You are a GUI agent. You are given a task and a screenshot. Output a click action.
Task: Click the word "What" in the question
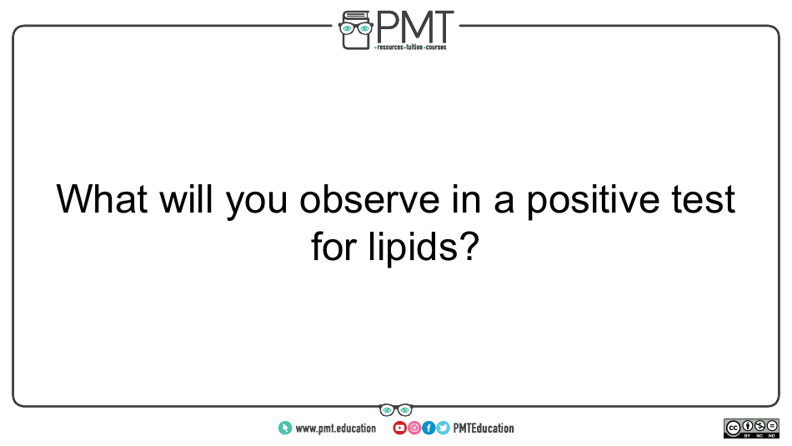tap(102, 199)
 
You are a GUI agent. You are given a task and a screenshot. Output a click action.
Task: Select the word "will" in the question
tap(186, 198)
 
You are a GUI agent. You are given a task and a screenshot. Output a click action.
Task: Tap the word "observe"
tap(369, 199)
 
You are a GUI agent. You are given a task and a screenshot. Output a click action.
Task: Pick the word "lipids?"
tap(424, 248)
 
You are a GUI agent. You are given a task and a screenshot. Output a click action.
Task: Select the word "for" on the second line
tap(333, 246)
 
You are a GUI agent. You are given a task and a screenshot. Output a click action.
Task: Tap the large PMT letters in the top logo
tap(414, 28)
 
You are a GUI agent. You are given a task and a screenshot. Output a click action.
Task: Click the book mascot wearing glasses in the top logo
tap(356, 30)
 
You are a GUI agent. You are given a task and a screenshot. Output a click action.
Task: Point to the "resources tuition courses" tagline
tap(411, 48)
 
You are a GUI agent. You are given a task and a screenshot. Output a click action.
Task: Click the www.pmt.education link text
tap(335, 428)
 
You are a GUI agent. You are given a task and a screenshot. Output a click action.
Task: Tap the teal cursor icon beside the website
tap(285, 428)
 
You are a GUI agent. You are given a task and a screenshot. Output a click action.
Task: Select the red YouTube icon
tap(399, 428)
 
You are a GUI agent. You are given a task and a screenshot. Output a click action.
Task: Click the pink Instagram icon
tap(414, 428)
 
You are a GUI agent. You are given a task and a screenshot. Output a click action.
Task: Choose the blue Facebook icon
tap(429, 428)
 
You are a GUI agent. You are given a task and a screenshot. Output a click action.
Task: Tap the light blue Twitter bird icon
tap(443, 428)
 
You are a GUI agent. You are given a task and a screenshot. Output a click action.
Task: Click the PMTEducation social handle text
tap(484, 428)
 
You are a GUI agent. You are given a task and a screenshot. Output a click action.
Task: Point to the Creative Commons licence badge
tap(751, 428)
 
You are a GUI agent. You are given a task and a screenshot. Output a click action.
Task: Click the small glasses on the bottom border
tap(396, 409)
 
